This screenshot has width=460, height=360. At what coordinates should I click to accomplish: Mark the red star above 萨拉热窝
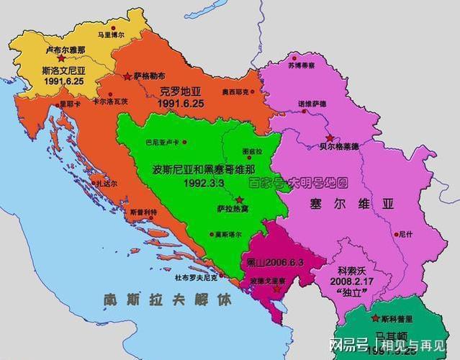(239, 198)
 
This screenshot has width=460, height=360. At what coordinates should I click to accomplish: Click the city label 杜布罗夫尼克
(196, 276)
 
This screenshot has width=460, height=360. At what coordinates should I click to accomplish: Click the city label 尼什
(405, 234)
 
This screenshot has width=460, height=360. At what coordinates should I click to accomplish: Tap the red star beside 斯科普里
(375, 318)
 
